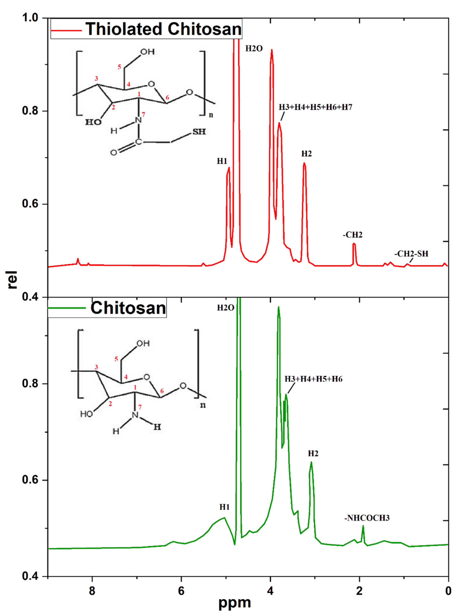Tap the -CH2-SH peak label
click(411, 254)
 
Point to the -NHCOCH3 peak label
click(367, 518)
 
